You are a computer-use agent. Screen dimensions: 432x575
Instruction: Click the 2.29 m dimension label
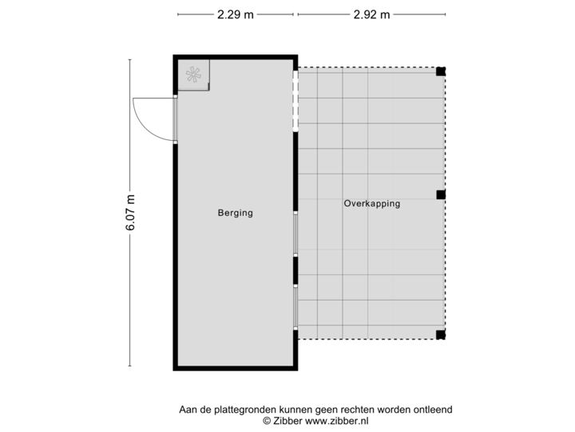click(x=236, y=14)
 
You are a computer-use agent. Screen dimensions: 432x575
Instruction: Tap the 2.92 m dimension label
click(x=371, y=14)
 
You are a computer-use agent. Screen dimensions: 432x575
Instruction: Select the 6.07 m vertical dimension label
click(x=129, y=213)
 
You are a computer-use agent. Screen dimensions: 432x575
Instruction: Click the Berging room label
click(x=235, y=213)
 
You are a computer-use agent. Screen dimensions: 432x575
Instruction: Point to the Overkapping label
click(x=372, y=203)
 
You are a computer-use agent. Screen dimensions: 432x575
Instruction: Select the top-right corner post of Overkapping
click(x=441, y=71)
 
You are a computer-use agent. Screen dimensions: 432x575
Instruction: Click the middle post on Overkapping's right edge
click(x=441, y=194)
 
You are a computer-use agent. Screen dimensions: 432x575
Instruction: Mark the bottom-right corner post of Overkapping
click(x=441, y=334)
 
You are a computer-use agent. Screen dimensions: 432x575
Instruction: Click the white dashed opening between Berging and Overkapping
click(x=295, y=102)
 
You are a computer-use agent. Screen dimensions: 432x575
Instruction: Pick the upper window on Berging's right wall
click(x=295, y=234)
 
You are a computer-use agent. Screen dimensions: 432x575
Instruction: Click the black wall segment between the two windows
click(x=295, y=270)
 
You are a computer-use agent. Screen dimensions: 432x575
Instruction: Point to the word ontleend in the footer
click(x=431, y=410)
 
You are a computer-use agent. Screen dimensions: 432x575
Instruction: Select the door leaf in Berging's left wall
click(x=175, y=120)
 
